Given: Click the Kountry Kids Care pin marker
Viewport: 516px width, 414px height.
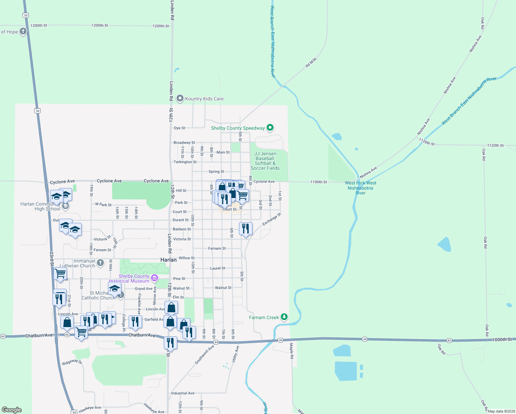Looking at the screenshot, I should point(180,99).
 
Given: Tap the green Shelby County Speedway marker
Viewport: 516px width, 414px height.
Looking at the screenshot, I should point(270,128).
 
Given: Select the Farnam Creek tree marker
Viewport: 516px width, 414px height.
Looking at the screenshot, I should point(284,317).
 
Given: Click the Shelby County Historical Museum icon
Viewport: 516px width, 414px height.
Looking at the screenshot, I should point(154,278).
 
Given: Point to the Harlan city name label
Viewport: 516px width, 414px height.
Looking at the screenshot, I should point(168,260).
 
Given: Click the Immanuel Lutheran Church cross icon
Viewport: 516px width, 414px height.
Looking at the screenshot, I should point(100,263).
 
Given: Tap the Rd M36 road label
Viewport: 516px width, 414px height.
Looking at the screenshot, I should point(311,63).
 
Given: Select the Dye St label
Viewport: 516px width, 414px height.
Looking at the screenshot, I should point(179,128).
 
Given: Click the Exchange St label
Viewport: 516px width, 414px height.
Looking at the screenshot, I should point(272,219).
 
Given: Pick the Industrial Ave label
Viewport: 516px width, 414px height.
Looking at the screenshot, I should point(183,393).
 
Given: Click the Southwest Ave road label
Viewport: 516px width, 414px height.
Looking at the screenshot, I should point(204,355).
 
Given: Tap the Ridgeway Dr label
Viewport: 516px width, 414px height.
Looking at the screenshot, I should point(72,362).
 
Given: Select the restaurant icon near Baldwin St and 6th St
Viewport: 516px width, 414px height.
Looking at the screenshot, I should point(246,228).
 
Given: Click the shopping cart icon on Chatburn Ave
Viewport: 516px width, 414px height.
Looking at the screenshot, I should point(81,332).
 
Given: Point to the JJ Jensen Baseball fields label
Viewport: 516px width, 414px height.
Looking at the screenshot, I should point(265,161).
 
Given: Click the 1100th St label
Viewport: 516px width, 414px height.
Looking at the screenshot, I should point(318,182).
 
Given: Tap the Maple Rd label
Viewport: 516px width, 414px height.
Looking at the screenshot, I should point(291,351).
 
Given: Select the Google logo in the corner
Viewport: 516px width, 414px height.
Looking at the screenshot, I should point(12,410).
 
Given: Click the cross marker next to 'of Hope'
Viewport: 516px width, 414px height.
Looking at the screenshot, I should point(23,31).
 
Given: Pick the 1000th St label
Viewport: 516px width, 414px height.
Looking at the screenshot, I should point(502,339).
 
